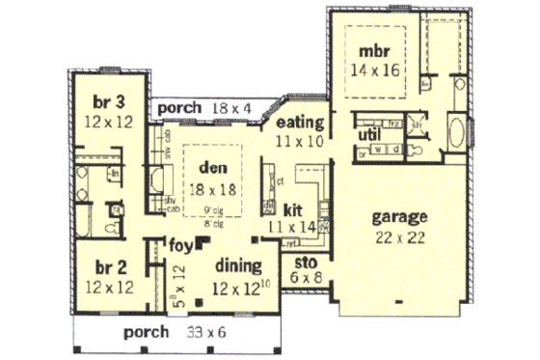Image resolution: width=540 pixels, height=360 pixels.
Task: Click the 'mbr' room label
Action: coord(374,50)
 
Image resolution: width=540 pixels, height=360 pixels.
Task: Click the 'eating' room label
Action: coord(298,124)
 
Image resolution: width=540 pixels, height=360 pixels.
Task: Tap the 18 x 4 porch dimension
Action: coord(231,108)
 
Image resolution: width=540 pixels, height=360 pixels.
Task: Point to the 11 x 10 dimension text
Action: coord(298,141)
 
